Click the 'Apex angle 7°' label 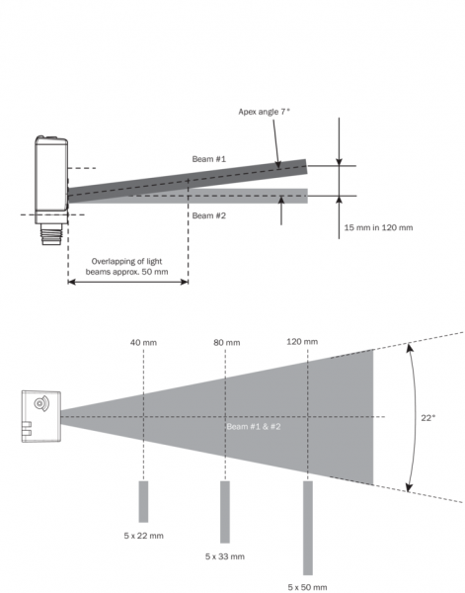click(x=264, y=112)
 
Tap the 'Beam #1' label click(x=209, y=159)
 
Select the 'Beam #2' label click(x=209, y=215)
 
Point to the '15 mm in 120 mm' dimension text click(x=378, y=227)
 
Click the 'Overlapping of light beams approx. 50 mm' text click(x=127, y=267)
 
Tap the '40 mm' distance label click(x=143, y=343)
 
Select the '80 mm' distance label click(x=227, y=343)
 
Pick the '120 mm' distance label click(x=302, y=342)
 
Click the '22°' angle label click(x=428, y=417)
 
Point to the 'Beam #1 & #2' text click(x=254, y=427)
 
